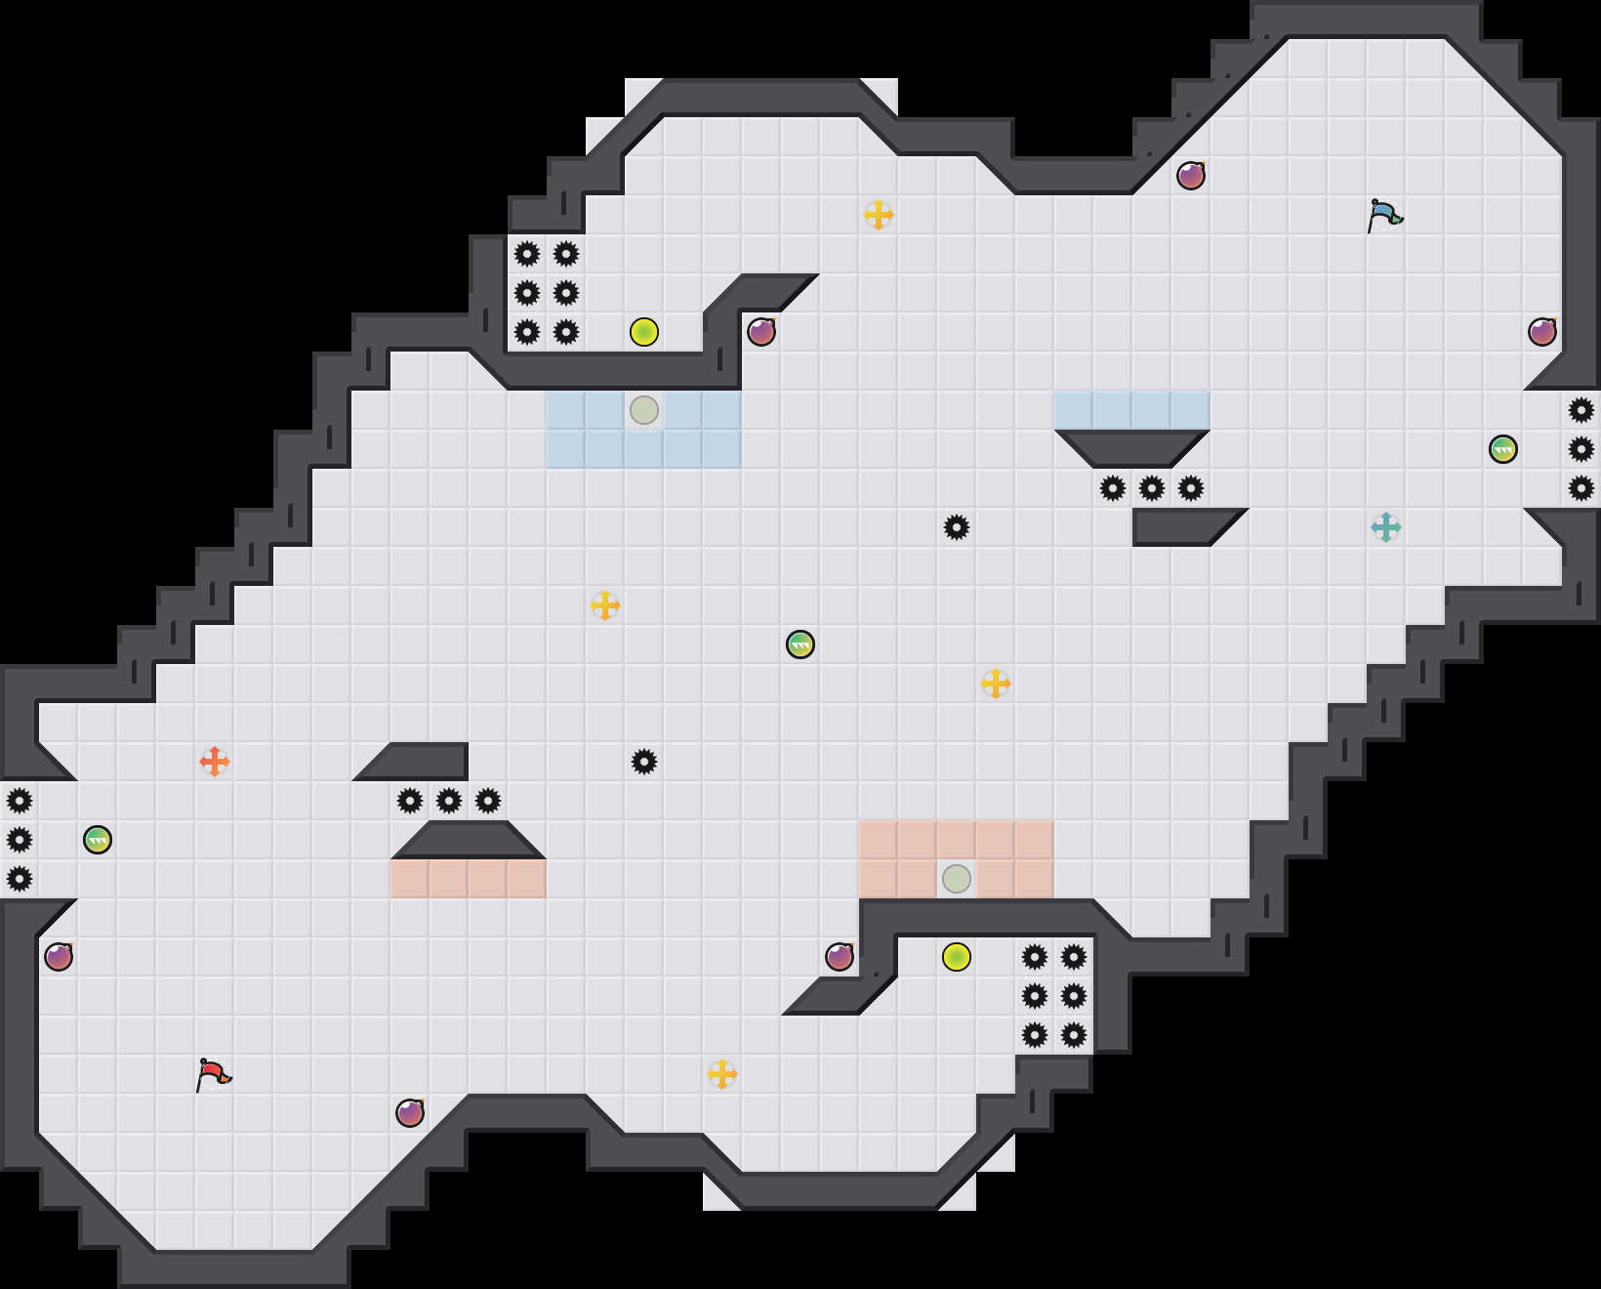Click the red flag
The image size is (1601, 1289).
[x=213, y=1074]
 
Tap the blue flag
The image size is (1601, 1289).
[x=1384, y=215]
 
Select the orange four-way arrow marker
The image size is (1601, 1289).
[x=215, y=762]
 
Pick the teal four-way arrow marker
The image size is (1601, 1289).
[x=1386, y=527]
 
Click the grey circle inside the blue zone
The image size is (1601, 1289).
[x=644, y=410]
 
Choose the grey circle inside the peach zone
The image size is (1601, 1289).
[x=957, y=879]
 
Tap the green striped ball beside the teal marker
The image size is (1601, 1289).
[x=1503, y=449]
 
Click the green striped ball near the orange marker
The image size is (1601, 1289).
[x=98, y=840]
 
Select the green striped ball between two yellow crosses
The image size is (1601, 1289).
[x=800, y=644]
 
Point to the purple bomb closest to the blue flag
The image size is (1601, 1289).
[x=1191, y=176]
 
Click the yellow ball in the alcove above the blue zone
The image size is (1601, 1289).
[x=644, y=332]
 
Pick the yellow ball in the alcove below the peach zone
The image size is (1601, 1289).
[x=957, y=957]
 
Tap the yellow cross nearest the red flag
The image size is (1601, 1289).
[x=722, y=1074]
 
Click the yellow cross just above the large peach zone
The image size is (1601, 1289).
[x=996, y=684]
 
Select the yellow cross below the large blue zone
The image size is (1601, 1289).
[x=605, y=605]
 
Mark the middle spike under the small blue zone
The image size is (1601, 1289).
[x=1152, y=488]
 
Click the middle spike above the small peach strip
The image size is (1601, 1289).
[x=449, y=801]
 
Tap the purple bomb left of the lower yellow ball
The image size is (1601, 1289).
[x=840, y=957]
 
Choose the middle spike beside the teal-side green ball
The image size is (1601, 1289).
[x=1581, y=449]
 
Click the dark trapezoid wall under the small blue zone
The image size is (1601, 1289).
[x=1132, y=448]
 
